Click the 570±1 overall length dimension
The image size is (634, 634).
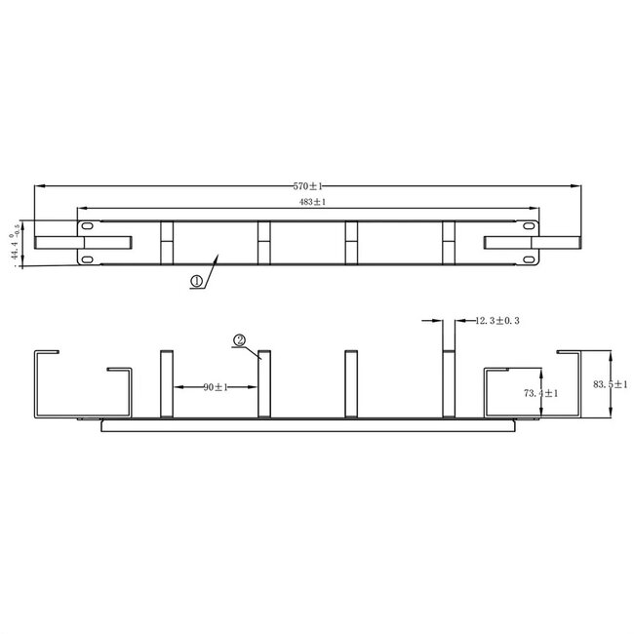[308, 185]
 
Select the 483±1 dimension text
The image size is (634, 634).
[310, 202]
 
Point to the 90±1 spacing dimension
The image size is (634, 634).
[216, 387]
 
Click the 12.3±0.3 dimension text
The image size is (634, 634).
[496, 320]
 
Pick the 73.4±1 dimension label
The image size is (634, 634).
[540, 393]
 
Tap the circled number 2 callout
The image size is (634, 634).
[238, 340]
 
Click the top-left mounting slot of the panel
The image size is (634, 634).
[88, 223]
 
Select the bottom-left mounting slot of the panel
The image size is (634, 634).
[88, 258]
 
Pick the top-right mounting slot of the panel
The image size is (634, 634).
[528, 223]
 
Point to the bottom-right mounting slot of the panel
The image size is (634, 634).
[528, 258]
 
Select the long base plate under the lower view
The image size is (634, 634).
[307, 424]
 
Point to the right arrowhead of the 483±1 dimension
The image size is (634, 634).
[535, 207]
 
